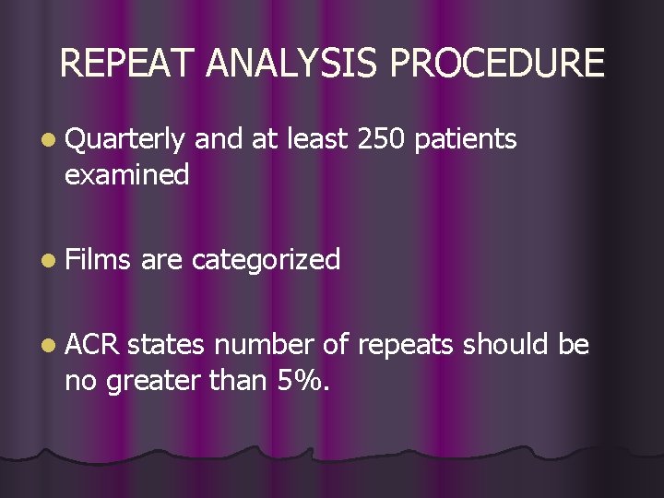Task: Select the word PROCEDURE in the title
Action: pyautogui.click(x=498, y=64)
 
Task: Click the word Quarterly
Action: pyautogui.click(x=126, y=140)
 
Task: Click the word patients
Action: pyautogui.click(x=466, y=139)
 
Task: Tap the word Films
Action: pyautogui.click(x=101, y=259)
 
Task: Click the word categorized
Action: pyautogui.click(x=266, y=260)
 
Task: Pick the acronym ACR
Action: pyautogui.click(x=93, y=345)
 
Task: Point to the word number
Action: pyautogui.click(x=267, y=345)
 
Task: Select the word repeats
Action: pyautogui.click(x=406, y=346)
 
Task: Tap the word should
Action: pyautogui.click(x=506, y=345)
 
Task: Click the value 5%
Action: pyautogui.click(x=302, y=378)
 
